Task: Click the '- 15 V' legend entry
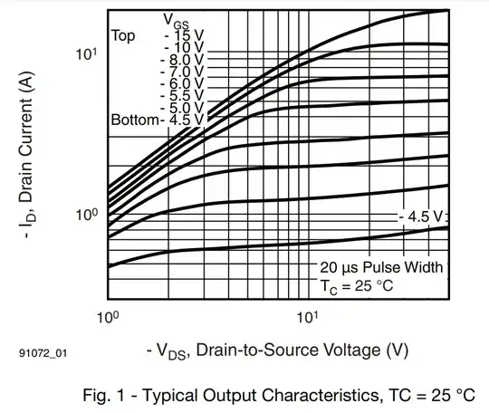184,34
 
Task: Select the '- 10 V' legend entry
184,47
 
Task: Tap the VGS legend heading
176,19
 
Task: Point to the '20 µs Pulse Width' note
381,267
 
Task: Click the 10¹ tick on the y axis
86,54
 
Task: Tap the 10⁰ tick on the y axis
86,215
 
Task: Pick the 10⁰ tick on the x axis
109,318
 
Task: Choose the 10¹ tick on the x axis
308,318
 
